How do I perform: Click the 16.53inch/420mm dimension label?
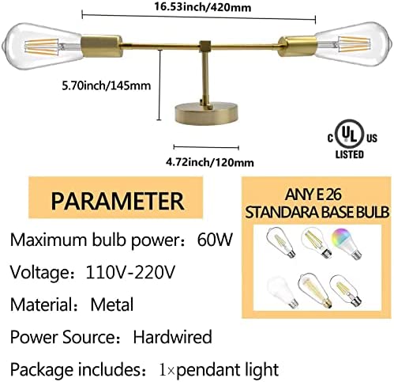click(x=202, y=7)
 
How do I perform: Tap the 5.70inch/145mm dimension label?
click(x=107, y=86)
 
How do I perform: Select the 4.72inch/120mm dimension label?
click(x=210, y=162)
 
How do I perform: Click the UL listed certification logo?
click(x=352, y=139)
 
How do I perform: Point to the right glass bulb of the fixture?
click(x=352, y=44)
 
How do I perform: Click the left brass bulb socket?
click(x=102, y=46)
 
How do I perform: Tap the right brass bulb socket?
click(x=298, y=45)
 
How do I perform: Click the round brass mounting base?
click(x=206, y=113)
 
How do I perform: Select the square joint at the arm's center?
click(x=205, y=46)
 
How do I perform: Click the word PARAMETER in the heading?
click(x=117, y=201)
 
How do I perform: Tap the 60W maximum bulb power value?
click(x=215, y=240)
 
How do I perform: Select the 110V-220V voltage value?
click(x=130, y=272)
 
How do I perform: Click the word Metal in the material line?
click(x=112, y=304)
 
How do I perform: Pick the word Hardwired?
click(x=172, y=337)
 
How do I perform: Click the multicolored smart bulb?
click(x=347, y=243)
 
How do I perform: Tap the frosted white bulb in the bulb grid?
click(x=283, y=293)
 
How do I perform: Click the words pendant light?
click(x=227, y=369)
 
